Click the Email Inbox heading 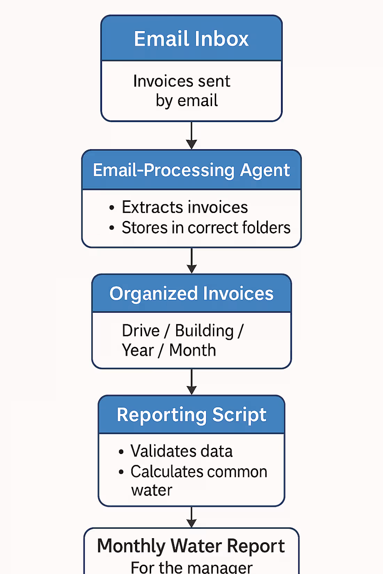coord(191,39)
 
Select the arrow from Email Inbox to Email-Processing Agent coord(191,136)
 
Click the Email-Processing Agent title coord(191,170)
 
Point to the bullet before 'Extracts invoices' coord(111,208)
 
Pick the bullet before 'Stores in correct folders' coord(111,228)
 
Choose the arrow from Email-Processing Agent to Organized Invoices coord(191,261)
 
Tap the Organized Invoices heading coord(191,294)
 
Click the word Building coord(204,331)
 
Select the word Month coord(193,350)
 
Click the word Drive coord(141,331)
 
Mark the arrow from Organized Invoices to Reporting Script coord(191,382)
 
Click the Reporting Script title coord(191,415)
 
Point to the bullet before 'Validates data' coord(121,452)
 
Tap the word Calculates coord(166,472)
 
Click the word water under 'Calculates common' coord(151,491)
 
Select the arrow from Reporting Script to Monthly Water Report coord(191,517)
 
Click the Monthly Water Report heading coord(191,546)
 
